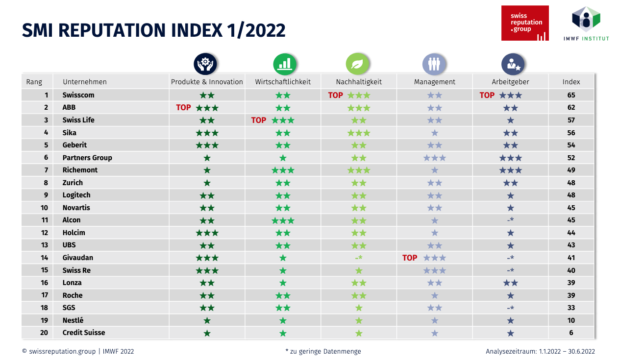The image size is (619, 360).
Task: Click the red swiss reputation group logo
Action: (x=525, y=23)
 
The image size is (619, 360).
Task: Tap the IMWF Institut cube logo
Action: (x=586, y=19)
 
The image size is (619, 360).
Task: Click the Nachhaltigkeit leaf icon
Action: (x=358, y=64)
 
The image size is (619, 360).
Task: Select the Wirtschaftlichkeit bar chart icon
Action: (x=285, y=64)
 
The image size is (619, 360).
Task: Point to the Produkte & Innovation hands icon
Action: (x=205, y=64)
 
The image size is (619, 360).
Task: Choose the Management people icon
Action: (x=434, y=64)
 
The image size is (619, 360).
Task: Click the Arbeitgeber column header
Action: (x=510, y=82)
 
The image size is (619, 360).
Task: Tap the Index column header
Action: (x=571, y=82)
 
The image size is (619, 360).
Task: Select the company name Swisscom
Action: (x=78, y=95)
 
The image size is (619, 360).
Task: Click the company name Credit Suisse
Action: (x=84, y=333)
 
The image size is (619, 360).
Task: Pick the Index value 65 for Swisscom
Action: (x=571, y=95)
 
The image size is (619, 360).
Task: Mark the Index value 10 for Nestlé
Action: (x=571, y=320)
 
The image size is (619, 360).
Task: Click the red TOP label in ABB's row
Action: (x=183, y=107)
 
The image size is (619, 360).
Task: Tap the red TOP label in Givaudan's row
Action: (x=410, y=258)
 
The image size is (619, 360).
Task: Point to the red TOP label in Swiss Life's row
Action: (x=259, y=120)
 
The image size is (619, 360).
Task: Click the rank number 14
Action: (x=44, y=258)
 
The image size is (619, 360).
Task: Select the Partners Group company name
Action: (x=87, y=158)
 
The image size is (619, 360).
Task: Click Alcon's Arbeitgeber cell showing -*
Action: (x=510, y=220)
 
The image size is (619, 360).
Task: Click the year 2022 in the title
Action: (x=265, y=30)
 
